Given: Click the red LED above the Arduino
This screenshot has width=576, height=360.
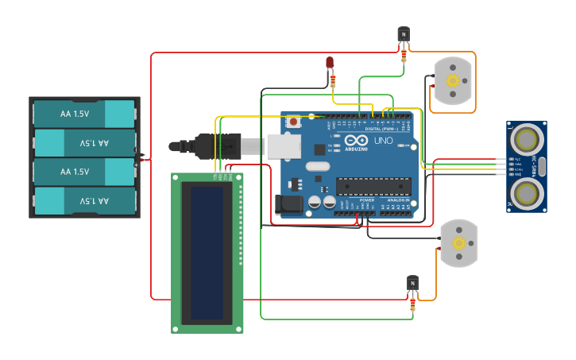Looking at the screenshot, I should click(x=330, y=63).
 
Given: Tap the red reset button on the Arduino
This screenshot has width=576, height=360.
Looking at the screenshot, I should click(x=294, y=122).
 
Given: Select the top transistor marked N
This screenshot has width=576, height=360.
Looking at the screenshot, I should click(x=404, y=34).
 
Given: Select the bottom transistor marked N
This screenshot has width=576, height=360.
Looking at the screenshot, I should click(x=412, y=283).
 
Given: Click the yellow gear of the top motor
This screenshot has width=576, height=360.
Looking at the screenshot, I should click(x=453, y=80).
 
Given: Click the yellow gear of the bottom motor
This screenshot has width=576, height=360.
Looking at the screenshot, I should click(x=458, y=244).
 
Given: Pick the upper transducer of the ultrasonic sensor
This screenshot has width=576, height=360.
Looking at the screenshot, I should click(x=525, y=140).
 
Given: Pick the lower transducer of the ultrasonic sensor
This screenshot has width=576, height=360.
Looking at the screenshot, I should click(x=525, y=192).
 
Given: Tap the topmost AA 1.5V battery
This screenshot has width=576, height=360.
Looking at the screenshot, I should click(x=84, y=114).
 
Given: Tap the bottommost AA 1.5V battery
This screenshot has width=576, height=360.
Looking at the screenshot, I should click(x=84, y=200).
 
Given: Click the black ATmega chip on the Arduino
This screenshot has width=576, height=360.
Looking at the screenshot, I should click(x=373, y=186).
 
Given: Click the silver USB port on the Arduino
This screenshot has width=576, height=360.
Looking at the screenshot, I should click(x=284, y=146).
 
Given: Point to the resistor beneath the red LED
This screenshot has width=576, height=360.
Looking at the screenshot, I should click(x=333, y=80).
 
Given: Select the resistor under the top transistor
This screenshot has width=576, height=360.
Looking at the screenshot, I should click(x=404, y=55).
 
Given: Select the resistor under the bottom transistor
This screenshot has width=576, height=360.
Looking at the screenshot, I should click(x=413, y=304).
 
